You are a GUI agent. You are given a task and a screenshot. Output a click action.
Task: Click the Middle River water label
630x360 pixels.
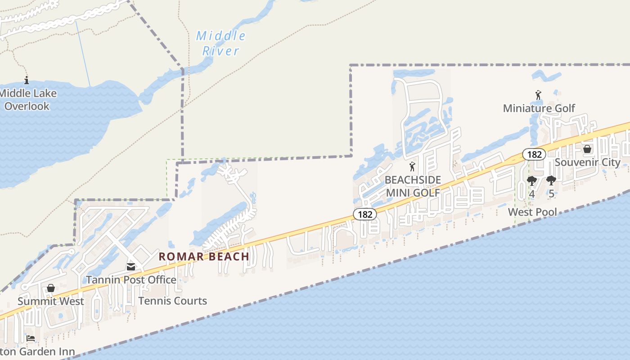coord(221,43)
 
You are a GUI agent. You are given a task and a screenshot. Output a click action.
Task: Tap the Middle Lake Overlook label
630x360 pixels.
coord(28,100)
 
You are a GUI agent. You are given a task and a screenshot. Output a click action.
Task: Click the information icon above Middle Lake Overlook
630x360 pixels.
coord(27,81)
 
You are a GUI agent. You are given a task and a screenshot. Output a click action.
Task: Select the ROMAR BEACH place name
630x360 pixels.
coord(204,256)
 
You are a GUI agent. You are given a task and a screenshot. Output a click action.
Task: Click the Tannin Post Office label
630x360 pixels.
coord(131,279)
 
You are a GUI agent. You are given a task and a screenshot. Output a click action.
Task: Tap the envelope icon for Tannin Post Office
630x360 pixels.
coord(131,267)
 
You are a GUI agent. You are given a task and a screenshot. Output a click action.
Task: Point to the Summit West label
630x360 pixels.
coord(51,301)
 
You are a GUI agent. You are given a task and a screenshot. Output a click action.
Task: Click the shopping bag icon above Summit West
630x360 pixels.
coord(51,288)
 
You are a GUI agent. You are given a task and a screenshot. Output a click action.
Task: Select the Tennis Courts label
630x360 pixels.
coord(173,301)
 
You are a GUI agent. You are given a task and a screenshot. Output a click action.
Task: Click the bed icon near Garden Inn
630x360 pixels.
coord(31,338)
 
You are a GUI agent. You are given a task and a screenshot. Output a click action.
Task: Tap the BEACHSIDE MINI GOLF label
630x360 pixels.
coord(412,186)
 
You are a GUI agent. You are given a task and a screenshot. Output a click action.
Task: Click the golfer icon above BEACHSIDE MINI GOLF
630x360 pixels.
coord(412,166)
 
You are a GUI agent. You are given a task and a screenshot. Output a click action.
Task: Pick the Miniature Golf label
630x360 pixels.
coord(539,108)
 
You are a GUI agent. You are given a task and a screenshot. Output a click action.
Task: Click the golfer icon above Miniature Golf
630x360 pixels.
coord(538,95)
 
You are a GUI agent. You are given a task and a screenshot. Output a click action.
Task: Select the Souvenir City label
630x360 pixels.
coord(587,162)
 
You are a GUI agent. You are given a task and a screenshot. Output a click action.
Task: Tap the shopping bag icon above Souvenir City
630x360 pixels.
coord(587,149)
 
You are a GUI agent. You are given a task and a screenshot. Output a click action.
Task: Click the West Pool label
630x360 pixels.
coord(532,212)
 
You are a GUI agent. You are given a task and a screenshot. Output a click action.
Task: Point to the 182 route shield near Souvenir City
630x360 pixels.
coord(534,154)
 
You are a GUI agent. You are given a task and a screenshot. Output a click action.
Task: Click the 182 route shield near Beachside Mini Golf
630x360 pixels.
coord(364,214)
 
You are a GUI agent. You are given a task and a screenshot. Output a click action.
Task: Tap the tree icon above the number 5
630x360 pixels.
coord(551,181)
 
